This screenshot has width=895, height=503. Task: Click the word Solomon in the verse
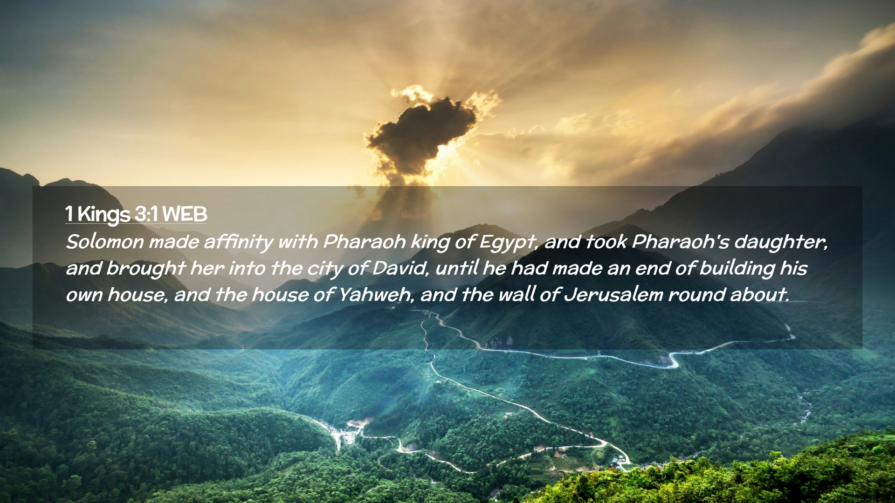105,242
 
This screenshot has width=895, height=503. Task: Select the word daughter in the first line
781,242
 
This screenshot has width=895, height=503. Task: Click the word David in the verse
400,268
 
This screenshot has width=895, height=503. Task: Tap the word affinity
238,242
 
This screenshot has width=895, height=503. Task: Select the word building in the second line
737,269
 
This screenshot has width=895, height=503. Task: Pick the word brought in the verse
146,269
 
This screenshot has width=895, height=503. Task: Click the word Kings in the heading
103,215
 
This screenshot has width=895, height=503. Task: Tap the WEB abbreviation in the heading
185,214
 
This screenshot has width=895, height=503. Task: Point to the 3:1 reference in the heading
146,214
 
